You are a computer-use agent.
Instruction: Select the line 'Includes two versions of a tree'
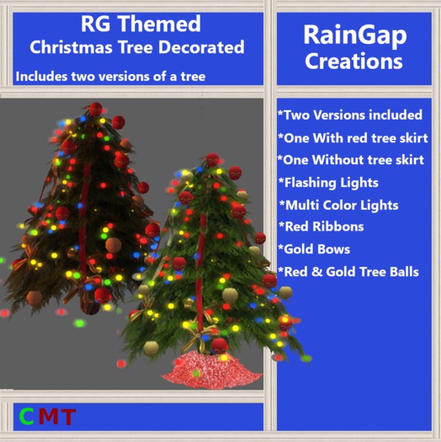[x=110, y=77]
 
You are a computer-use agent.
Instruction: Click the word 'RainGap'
[x=353, y=35]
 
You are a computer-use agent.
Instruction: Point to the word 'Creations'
[x=353, y=61]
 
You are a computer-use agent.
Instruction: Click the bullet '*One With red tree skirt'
[x=353, y=137]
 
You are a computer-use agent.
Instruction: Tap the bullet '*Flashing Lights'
[x=328, y=183]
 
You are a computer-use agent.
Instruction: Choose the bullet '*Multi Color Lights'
[x=338, y=205]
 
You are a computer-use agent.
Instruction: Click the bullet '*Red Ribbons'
[x=321, y=227]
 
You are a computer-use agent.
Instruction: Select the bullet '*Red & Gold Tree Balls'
[x=348, y=272]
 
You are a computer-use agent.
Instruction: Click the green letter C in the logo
[x=26, y=416]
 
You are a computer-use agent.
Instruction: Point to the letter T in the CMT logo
[x=66, y=416]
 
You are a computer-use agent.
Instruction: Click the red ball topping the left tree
[x=96, y=109]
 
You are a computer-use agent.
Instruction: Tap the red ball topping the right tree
[x=213, y=159]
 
